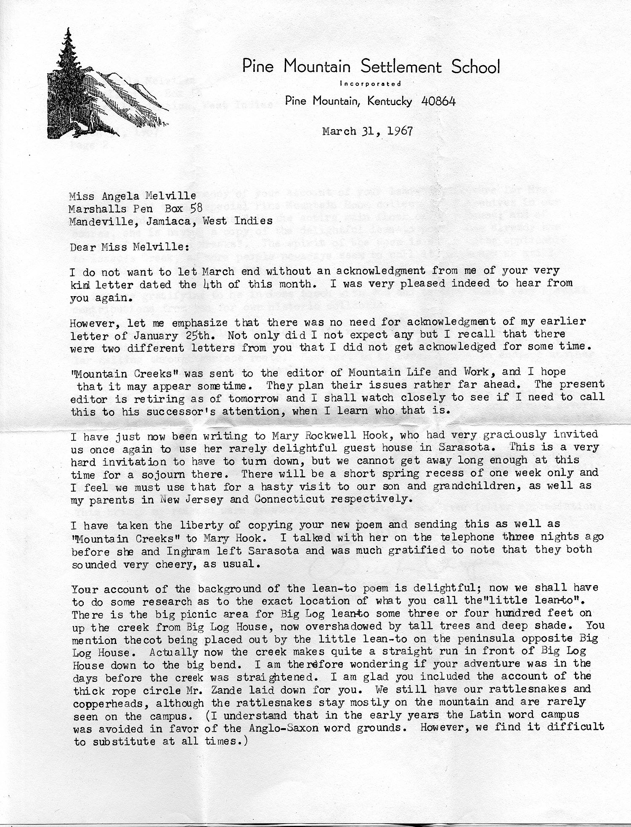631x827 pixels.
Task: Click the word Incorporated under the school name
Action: tap(370, 84)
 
